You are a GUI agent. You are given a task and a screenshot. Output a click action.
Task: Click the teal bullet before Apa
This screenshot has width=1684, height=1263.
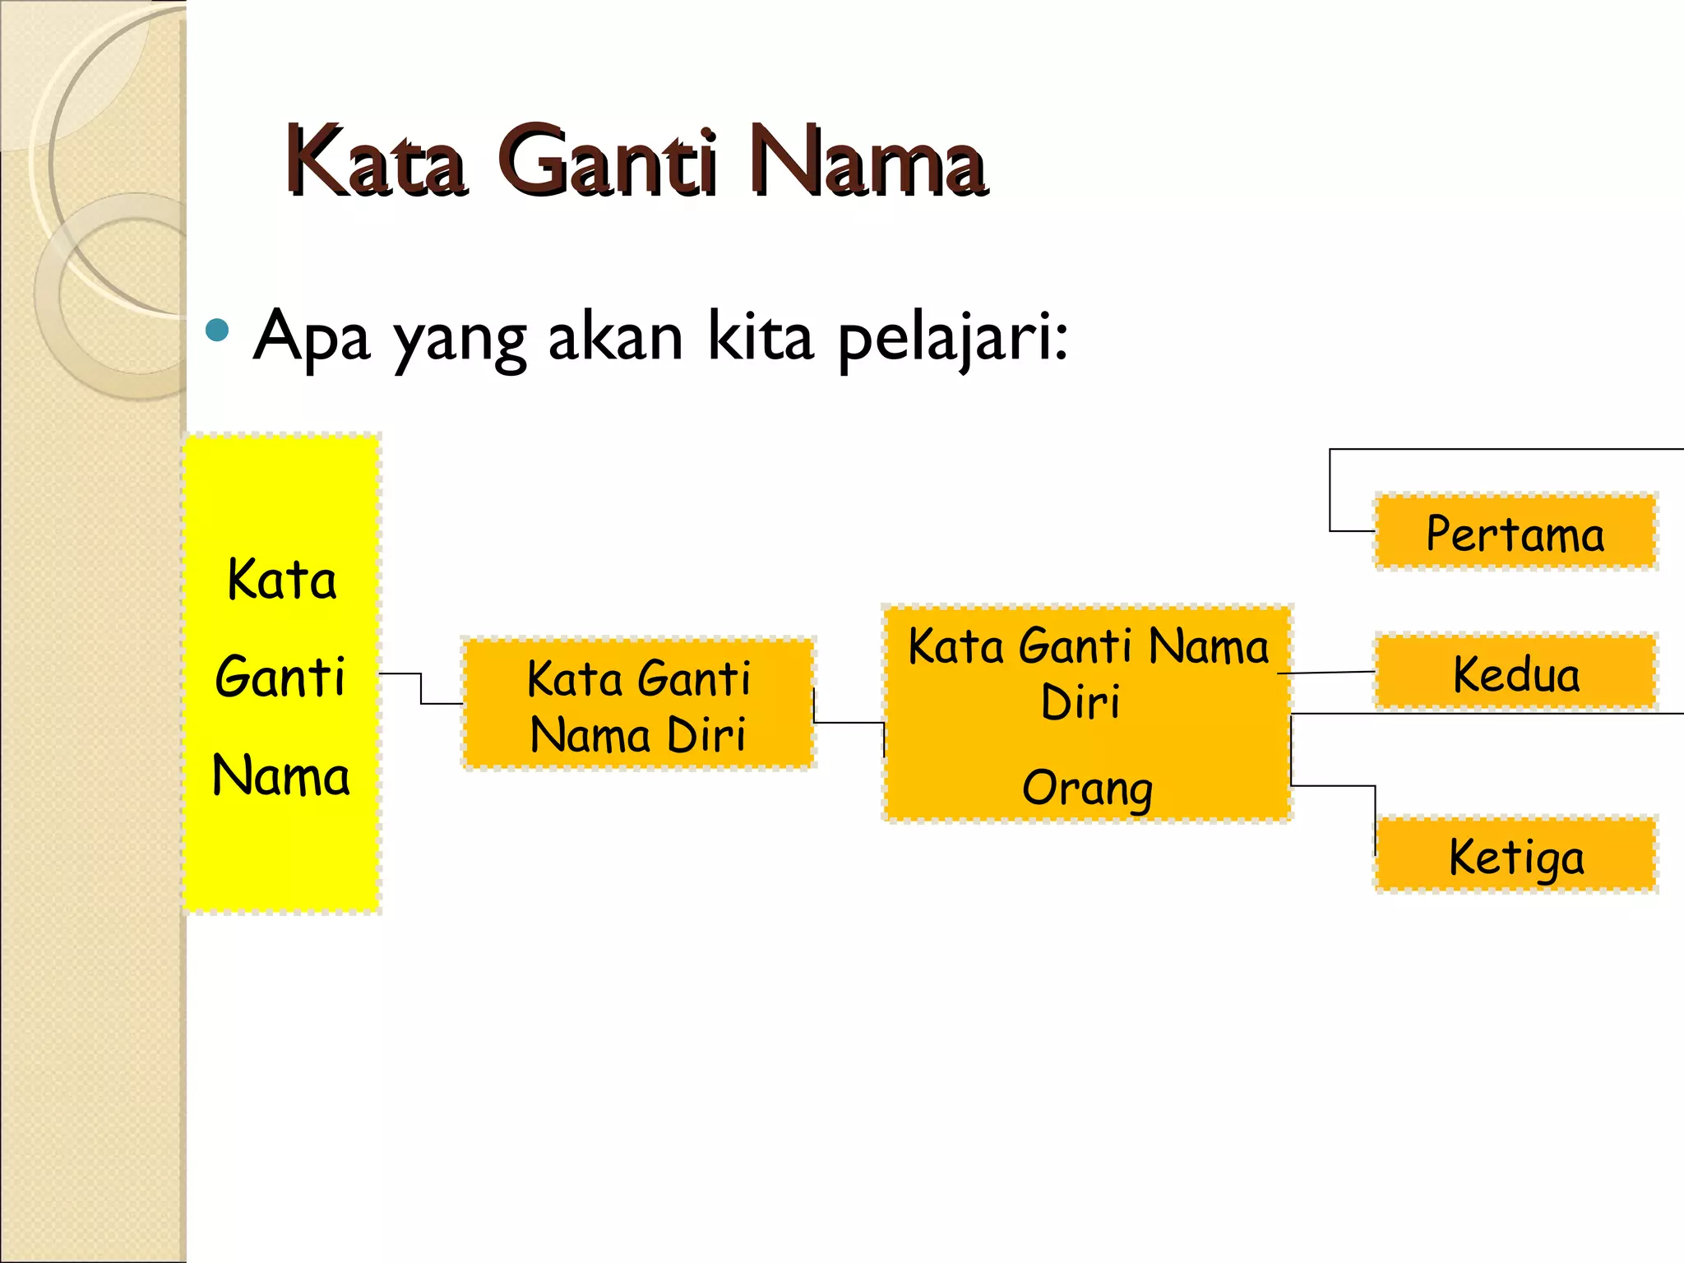click(217, 331)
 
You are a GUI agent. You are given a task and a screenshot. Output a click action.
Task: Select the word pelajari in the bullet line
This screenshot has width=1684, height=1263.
click(952, 337)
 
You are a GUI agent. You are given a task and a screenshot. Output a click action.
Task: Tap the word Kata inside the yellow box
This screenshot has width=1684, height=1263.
click(281, 580)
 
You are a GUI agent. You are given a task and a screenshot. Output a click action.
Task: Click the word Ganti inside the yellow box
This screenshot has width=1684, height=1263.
click(280, 677)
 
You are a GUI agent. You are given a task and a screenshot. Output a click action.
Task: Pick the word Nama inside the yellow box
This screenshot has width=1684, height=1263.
click(281, 775)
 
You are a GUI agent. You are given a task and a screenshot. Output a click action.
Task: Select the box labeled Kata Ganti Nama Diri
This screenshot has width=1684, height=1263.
click(638, 705)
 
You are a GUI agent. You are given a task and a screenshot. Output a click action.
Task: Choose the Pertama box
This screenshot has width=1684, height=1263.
click(1515, 533)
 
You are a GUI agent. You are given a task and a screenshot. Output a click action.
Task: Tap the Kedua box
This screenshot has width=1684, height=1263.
click(1515, 673)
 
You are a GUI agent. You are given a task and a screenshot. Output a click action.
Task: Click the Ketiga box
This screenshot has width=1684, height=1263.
click(1515, 856)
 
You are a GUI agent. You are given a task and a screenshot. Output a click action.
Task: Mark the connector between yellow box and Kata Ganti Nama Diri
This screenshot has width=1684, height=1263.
click(421, 689)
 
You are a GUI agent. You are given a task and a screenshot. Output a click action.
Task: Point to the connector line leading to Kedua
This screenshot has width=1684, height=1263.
click(1325, 673)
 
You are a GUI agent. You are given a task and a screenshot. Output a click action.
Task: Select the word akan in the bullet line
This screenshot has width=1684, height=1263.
click(615, 337)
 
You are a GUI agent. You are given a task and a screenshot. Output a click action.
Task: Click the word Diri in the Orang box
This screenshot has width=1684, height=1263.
click(1080, 703)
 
